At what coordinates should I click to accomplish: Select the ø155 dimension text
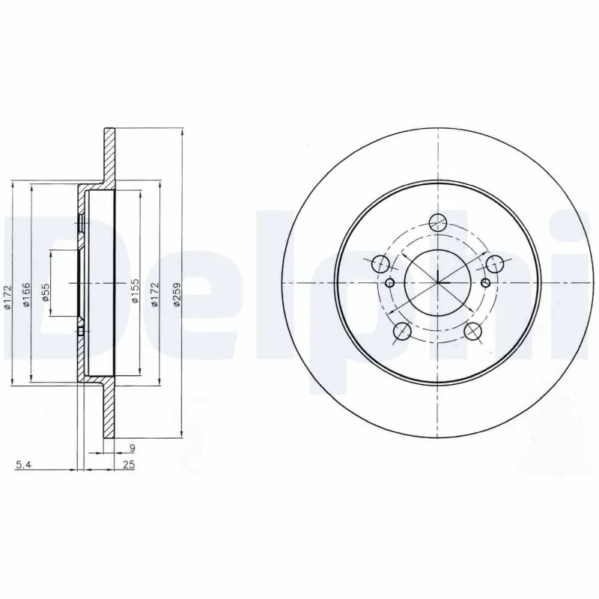[x=136, y=291]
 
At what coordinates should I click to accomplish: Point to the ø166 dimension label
[x=25, y=294]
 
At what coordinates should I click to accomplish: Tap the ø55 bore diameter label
[x=46, y=292]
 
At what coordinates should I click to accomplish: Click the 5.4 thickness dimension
[x=24, y=465]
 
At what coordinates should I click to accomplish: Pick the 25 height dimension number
[x=128, y=465]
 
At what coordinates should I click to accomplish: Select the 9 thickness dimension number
[x=132, y=449]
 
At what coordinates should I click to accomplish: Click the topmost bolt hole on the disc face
[x=438, y=221]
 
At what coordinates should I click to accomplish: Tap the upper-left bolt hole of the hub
[x=381, y=264]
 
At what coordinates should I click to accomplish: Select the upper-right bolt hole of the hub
[x=494, y=264]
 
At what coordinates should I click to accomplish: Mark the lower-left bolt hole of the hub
[x=402, y=330]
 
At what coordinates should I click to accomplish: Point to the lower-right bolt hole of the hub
[x=472, y=330]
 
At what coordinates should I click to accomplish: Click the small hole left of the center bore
[x=390, y=282]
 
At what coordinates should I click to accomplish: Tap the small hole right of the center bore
[x=485, y=282]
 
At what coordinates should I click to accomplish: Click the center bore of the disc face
[x=437, y=282]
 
